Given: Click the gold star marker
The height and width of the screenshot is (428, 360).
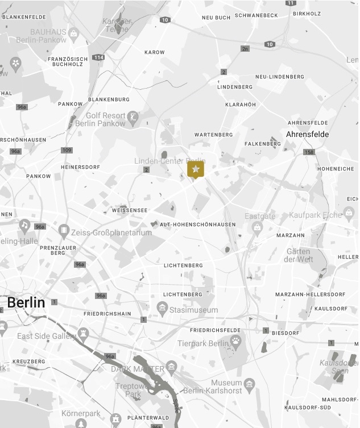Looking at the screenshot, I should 196,169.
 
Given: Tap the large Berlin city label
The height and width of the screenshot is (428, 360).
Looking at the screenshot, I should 26,302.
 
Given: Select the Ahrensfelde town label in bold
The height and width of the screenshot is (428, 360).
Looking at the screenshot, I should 307,134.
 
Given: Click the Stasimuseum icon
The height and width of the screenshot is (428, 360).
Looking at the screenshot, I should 162,309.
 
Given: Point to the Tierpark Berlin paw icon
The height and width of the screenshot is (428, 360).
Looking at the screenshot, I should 235,340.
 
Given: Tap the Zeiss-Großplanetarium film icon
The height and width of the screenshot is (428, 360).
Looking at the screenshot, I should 64,230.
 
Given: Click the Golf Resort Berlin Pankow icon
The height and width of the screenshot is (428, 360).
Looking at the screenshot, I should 133,117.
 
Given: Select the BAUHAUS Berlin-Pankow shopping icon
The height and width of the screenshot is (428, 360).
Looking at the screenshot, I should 73,34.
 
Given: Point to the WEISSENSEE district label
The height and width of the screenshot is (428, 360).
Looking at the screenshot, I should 130,210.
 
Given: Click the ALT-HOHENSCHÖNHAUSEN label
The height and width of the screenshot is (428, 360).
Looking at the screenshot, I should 197,225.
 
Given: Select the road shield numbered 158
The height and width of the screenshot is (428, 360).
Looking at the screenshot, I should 309,152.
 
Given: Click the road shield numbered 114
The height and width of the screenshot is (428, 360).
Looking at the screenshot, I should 99,57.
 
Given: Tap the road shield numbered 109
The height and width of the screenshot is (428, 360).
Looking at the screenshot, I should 67,150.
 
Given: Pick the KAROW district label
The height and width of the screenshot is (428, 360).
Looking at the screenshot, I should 155,52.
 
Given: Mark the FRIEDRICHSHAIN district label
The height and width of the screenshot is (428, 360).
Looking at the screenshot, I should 107,314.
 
